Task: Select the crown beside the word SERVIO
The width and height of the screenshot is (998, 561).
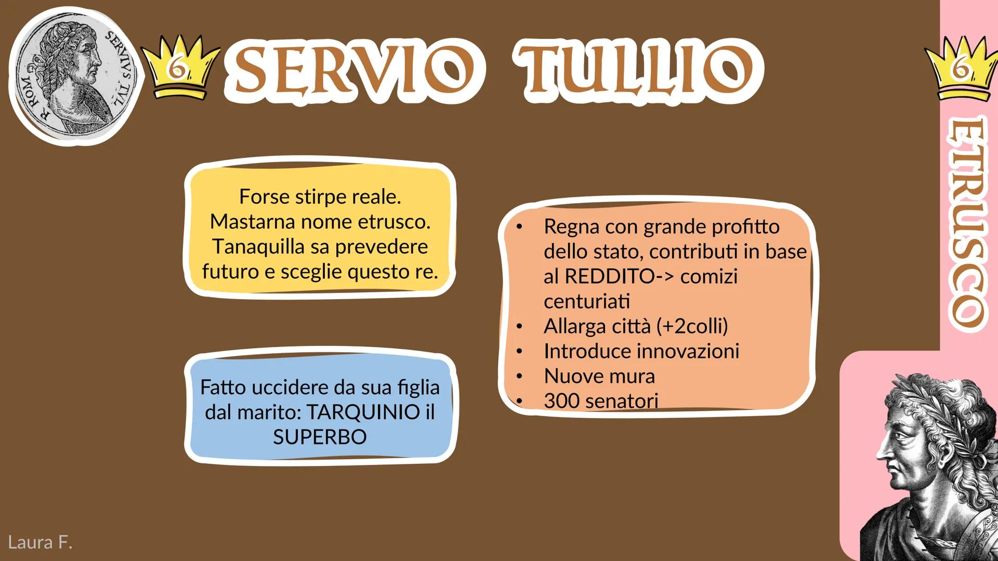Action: click(x=179, y=66)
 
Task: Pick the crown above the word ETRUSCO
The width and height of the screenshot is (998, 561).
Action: click(x=961, y=68)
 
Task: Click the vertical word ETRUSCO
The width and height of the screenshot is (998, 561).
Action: click(x=967, y=222)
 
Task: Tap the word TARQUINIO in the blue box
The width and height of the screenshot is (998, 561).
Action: click(x=363, y=412)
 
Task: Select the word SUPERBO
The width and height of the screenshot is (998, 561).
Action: click(x=320, y=437)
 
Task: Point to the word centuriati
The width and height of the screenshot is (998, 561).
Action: click(x=587, y=301)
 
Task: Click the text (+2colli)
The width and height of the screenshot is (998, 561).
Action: click(x=692, y=327)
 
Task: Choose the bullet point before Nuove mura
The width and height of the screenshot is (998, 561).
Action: click(x=519, y=376)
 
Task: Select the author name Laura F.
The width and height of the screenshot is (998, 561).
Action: click(x=40, y=542)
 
